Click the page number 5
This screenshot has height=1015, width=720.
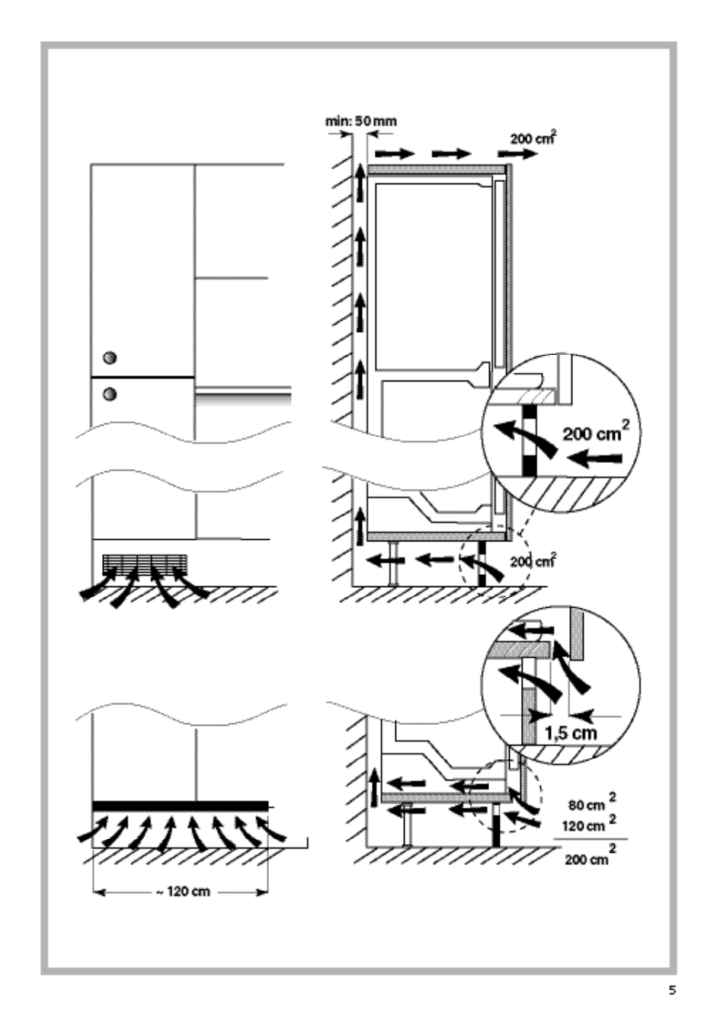coord(671,991)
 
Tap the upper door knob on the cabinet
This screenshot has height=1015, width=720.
coord(110,357)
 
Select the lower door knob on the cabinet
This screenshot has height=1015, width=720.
coord(110,393)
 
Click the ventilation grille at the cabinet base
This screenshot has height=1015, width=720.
coord(144,563)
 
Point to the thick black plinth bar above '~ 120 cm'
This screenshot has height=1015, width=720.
coord(180,806)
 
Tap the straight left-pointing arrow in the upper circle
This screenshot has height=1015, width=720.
coord(600,458)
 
